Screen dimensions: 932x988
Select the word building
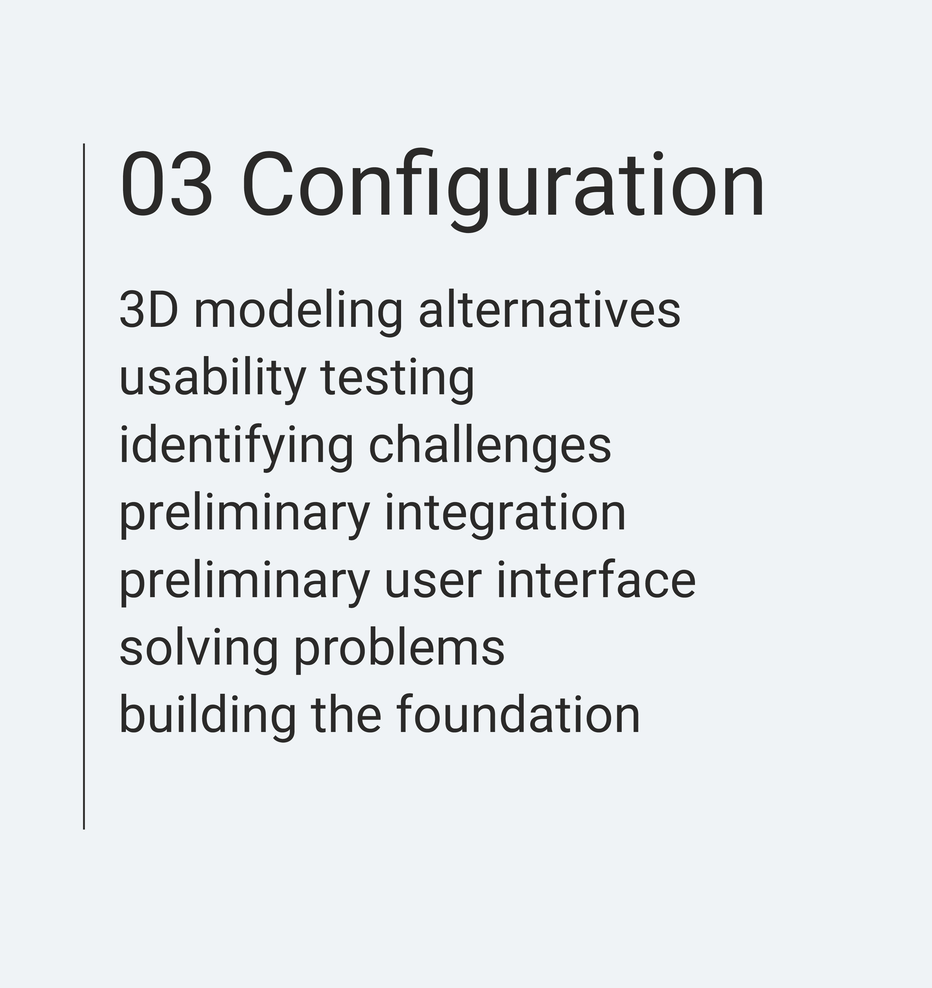coord(208,719)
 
